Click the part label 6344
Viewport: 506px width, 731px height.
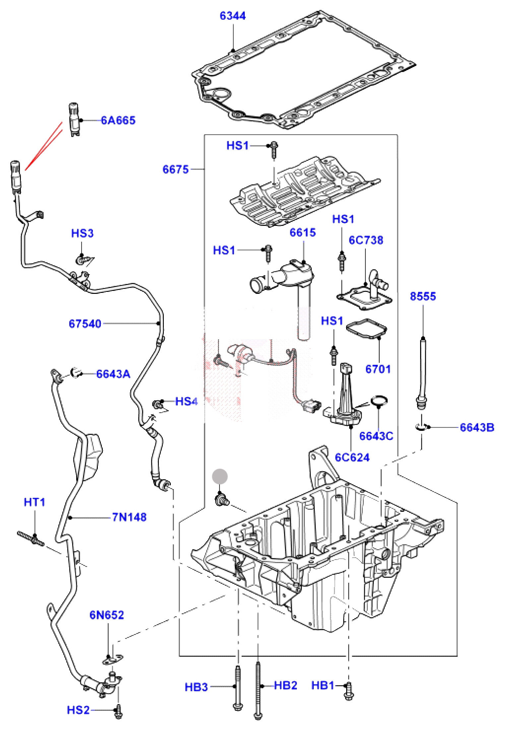[x=232, y=16]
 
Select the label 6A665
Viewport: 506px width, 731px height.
[x=118, y=120]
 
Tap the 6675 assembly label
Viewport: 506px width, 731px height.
[x=175, y=169]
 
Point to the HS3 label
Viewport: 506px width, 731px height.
[x=82, y=233]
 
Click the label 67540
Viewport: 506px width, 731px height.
[x=85, y=324]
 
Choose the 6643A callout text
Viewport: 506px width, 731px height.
[x=113, y=374]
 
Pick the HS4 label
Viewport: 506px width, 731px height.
[x=186, y=402]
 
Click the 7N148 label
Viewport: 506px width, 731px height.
[x=129, y=517]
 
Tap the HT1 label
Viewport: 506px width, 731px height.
[x=34, y=502]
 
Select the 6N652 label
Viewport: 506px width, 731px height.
[x=106, y=615]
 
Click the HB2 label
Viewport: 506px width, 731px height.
[x=285, y=685]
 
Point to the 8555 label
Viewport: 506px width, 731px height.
[x=423, y=296]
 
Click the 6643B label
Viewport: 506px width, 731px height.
[x=477, y=428]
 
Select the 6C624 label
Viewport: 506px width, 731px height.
[x=352, y=457]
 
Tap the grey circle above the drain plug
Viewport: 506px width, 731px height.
[x=220, y=477]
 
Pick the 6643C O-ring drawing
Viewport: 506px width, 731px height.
[x=379, y=401]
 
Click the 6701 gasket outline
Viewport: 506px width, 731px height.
[x=366, y=329]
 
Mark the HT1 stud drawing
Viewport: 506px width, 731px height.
[x=30, y=538]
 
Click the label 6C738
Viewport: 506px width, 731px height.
[x=366, y=240]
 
